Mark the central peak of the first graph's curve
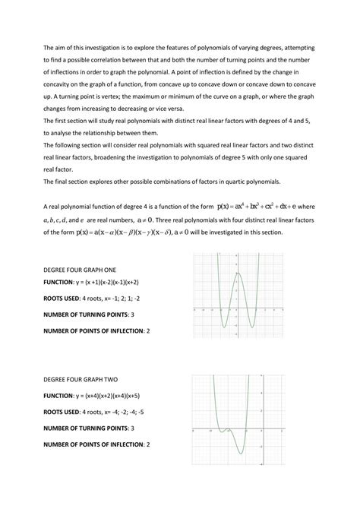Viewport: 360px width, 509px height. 238,273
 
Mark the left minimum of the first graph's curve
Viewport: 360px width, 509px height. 225,327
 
